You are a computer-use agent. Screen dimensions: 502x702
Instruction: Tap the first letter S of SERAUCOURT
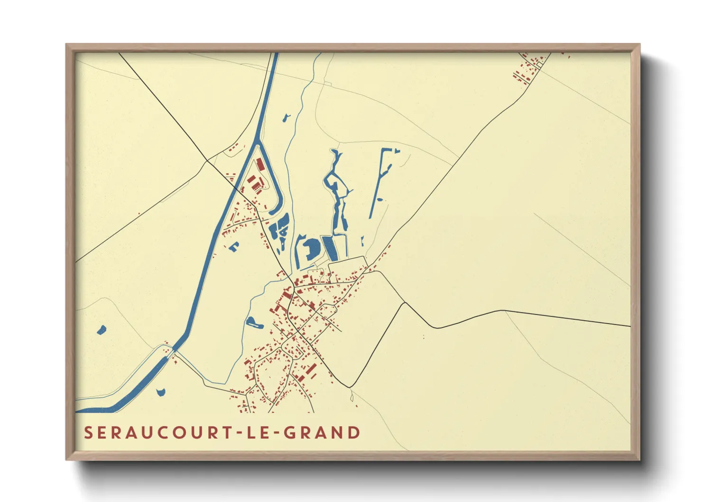[88, 433]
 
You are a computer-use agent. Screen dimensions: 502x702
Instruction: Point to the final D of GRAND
[354, 433]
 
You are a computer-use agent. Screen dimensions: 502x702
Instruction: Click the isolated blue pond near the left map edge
[101, 329]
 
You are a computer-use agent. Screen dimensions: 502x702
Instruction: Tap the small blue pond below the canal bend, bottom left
[160, 392]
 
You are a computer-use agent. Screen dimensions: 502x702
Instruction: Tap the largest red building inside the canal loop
[260, 165]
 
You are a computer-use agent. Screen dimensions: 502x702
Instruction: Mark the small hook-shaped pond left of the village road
[234, 246]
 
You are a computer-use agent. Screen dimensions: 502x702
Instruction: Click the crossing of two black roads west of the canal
[206, 161]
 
